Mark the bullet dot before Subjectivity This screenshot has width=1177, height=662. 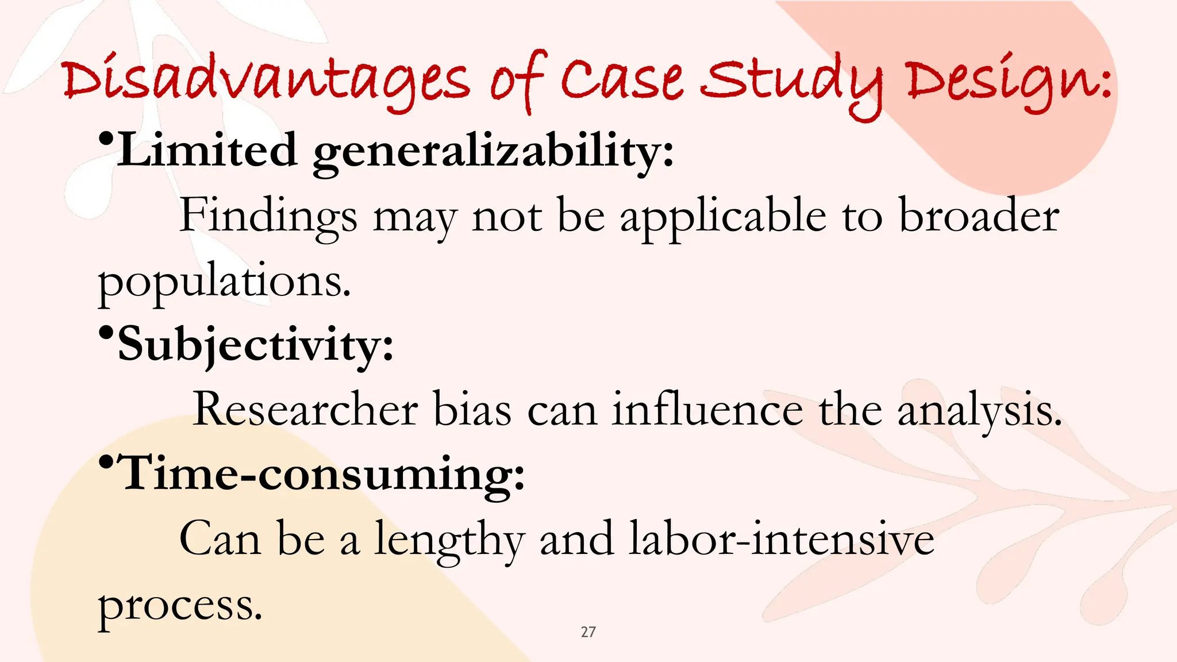(x=106, y=333)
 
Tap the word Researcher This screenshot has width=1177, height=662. (x=305, y=409)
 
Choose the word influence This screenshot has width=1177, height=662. (x=707, y=409)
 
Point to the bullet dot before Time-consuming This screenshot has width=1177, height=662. (x=106, y=461)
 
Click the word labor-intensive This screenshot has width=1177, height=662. (x=782, y=538)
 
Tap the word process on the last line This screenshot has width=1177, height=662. (x=180, y=606)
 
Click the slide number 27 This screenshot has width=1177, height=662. (x=588, y=632)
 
